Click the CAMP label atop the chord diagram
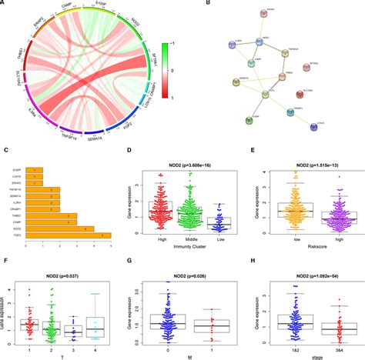pyautogui.click(x=68, y=13)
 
